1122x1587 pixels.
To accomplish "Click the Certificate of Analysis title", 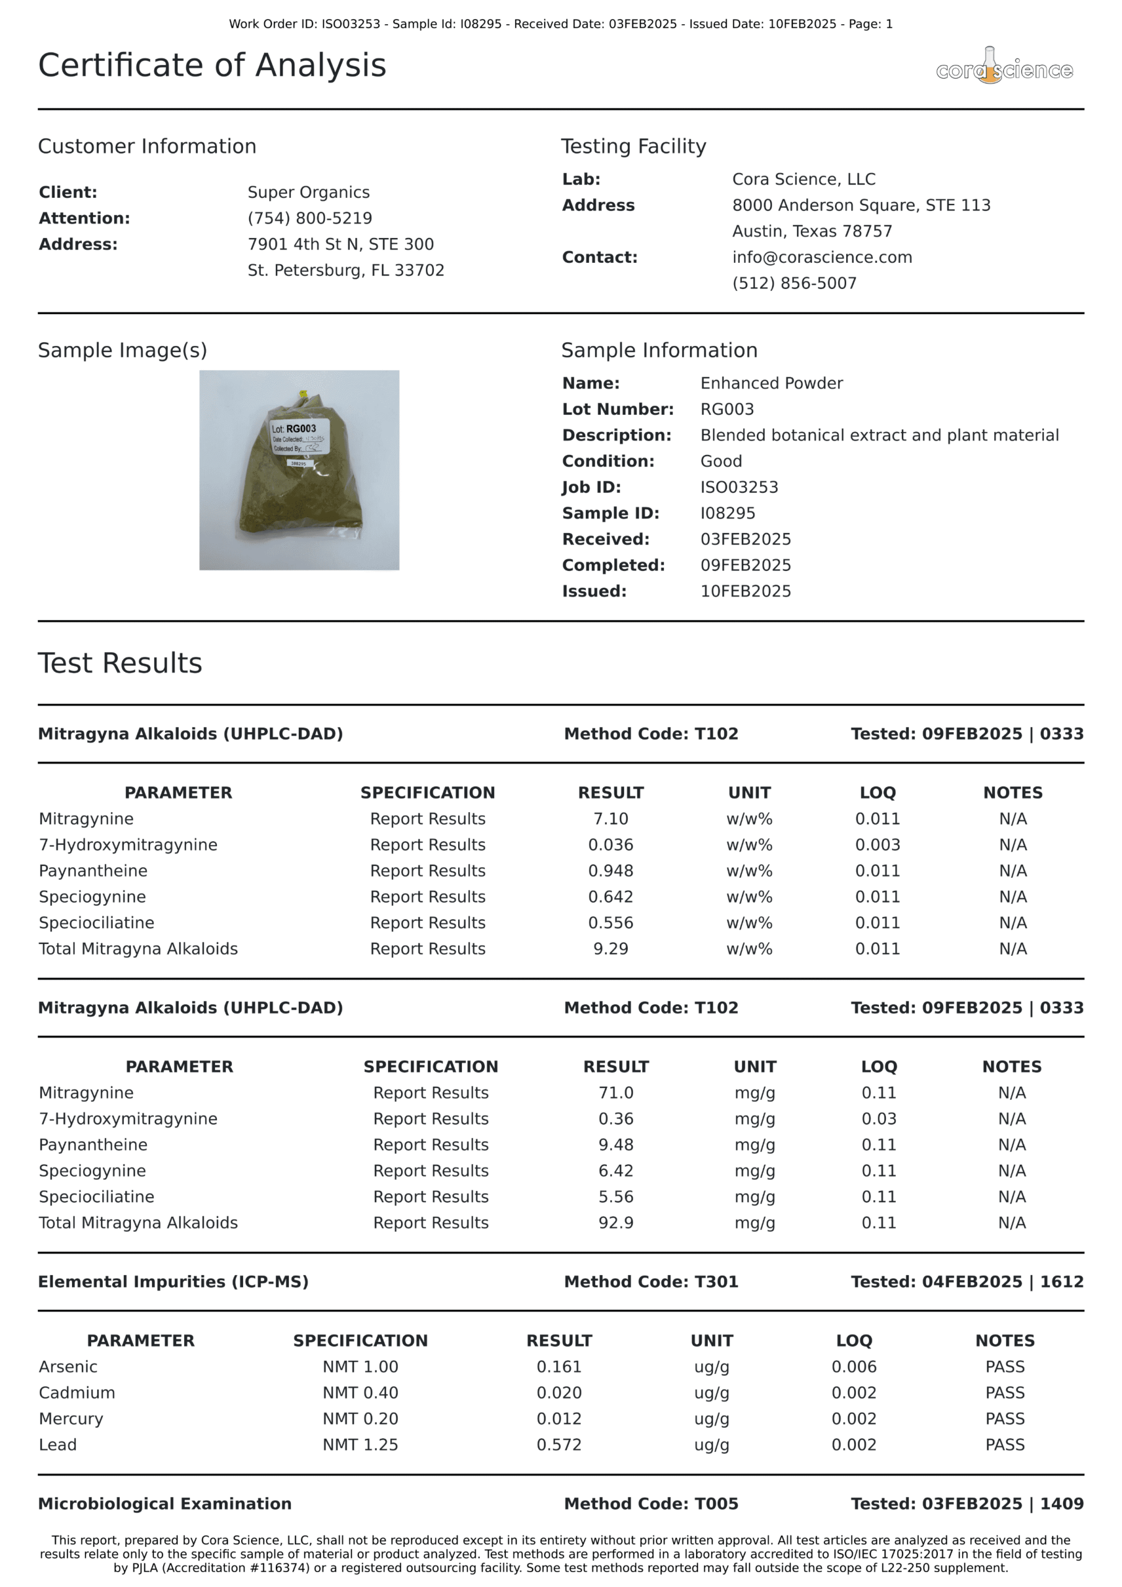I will coord(211,66).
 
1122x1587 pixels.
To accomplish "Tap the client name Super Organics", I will coord(308,192).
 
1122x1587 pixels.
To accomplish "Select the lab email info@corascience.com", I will coord(822,257).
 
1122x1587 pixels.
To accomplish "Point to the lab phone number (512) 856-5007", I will coord(794,283).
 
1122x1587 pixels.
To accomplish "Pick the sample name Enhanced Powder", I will coord(772,383).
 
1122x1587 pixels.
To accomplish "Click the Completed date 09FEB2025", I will coord(745,565).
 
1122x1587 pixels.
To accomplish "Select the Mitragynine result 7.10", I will coord(611,818).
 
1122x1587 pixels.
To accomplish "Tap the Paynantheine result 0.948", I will coord(611,870).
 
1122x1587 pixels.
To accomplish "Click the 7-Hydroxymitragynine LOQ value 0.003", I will coord(877,845).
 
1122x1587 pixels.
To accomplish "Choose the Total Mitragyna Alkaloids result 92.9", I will coord(616,1222).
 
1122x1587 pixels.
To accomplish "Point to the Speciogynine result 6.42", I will coord(616,1171).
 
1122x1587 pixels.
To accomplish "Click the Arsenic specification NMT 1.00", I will coord(360,1366).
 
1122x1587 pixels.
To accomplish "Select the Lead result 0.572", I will coord(559,1444).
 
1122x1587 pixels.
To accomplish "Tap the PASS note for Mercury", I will coord(1004,1418).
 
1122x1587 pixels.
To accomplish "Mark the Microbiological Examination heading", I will coord(164,1503).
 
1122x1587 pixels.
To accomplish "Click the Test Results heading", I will coord(120,663).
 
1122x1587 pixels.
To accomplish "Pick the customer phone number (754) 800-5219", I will coord(310,218).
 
